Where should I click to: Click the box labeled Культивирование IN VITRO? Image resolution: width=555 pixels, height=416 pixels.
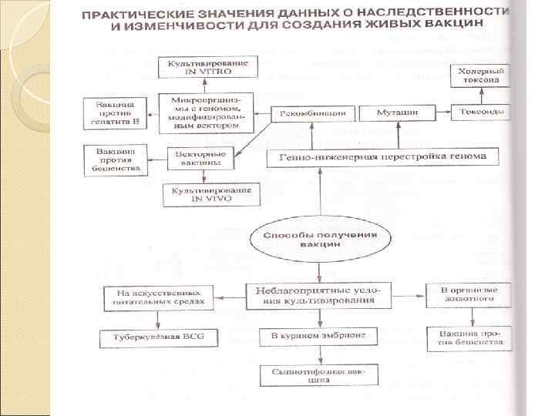(x=203, y=68)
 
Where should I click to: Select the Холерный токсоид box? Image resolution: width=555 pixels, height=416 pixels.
(x=479, y=75)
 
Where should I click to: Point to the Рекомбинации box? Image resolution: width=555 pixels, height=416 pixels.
(x=313, y=112)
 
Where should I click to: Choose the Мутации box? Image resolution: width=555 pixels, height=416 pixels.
(x=397, y=112)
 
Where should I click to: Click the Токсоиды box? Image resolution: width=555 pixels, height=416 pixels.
(x=479, y=112)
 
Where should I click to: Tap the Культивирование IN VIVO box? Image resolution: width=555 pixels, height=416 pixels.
(x=203, y=194)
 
